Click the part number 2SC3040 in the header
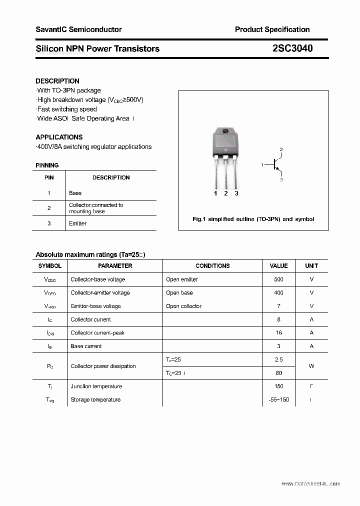(293, 48)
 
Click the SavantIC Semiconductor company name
(78, 29)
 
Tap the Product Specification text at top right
(272, 29)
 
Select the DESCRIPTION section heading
(57, 81)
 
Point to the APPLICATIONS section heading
(59, 137)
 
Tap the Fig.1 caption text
(253, 219)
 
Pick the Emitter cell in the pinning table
(78, 223)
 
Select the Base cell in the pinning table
(75, 193)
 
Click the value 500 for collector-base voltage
(278, 279)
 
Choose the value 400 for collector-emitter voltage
(278, 293)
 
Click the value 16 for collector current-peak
(278, 332)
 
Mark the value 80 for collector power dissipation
(278, 373)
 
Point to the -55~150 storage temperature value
(278, 399)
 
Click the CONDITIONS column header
(212, 266)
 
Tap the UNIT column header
(311, 266)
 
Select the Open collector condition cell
(183, 306)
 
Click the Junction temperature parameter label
(96, 386)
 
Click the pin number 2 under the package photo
(226, 193)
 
